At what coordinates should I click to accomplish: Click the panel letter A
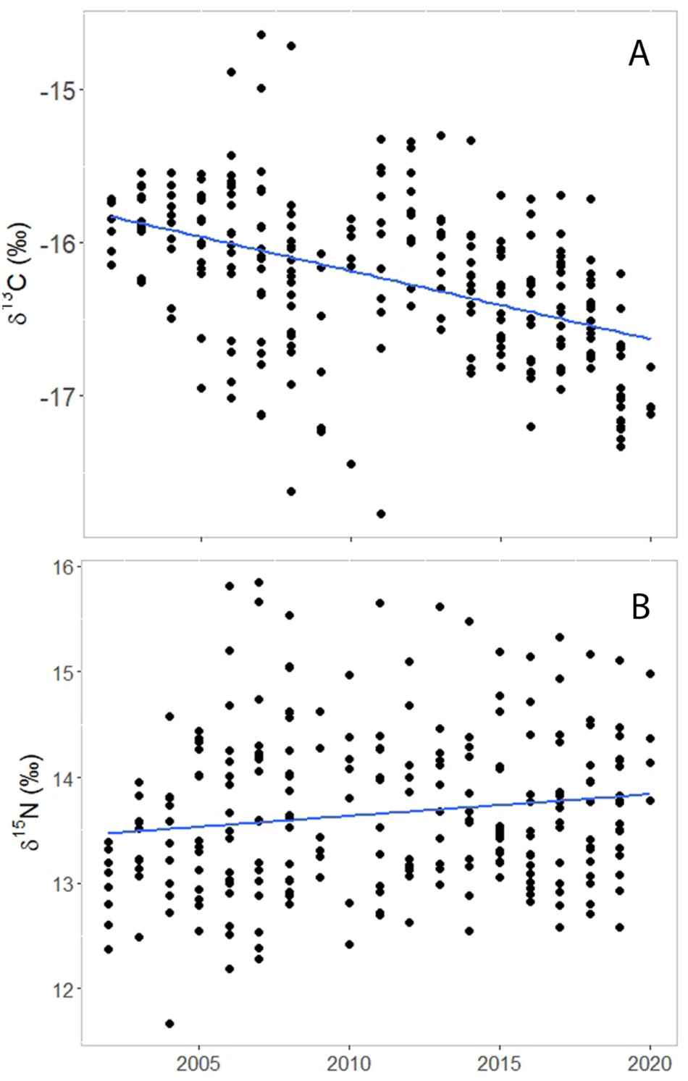638,54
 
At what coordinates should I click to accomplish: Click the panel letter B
640,607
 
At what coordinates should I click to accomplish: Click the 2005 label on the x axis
199,1064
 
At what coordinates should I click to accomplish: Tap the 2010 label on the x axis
350,1064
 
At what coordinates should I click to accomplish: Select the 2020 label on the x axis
650,1064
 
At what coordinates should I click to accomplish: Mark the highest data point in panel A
261,35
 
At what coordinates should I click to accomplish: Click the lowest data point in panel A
381,514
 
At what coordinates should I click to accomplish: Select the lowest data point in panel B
169,1024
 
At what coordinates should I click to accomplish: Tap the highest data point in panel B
259,582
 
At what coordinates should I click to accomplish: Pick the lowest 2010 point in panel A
351,464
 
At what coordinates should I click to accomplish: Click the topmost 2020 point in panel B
650,674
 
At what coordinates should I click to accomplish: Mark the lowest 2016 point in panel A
531,426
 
